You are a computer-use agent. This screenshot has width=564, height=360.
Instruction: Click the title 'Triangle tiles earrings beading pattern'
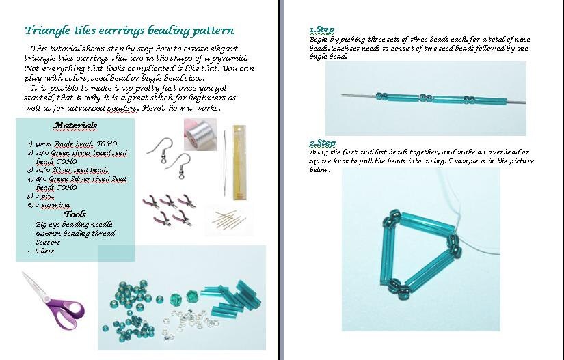click(129, 31)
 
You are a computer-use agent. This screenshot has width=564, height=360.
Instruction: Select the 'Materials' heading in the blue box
click(75, 126)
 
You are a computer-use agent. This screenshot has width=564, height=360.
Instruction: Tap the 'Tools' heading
click(75, 214)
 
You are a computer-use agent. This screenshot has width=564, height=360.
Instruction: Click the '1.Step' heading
click(322, 29)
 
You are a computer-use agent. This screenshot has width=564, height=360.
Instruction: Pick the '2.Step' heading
click(322, 143)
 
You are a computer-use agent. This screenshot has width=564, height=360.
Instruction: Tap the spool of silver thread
click(200, 134)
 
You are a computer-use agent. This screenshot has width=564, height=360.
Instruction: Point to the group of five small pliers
click(166, 208)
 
